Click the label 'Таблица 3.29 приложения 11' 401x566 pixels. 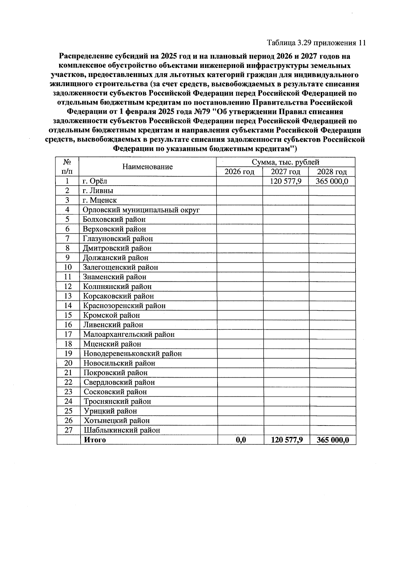pos(316,43)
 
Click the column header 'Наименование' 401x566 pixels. pos(147,167)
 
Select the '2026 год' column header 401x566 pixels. pos(239,172)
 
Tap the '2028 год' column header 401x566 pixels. pos(332,172)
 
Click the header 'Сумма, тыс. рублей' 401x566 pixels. pos(286,162)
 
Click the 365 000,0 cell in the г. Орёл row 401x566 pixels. pos(332,181)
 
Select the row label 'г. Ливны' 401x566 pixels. pos(98,191)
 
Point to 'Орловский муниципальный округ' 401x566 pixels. pos(141,210)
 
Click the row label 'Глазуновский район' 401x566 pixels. pos(118,239)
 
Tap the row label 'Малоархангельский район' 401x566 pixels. pos(129,334)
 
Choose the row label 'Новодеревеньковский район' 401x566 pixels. pos(132,354)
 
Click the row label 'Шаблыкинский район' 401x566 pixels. pos(122,430)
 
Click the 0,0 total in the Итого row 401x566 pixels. pos(241,440)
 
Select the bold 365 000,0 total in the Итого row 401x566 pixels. pos(333,440)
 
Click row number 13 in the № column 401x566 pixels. pos(68,296)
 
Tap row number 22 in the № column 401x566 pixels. pos(68,382)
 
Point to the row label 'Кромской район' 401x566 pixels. pos(111,315)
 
